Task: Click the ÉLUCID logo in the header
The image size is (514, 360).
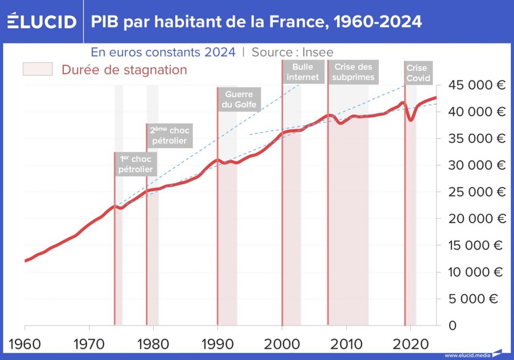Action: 42,22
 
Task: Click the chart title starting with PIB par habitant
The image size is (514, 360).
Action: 256,22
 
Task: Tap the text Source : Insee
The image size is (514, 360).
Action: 292,52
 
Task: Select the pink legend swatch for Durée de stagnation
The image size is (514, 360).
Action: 38,69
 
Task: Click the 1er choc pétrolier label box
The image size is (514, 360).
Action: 135,164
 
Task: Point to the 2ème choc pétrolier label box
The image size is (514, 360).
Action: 169,135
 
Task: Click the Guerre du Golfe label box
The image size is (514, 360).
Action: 239,99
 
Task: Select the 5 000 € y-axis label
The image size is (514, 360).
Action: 480,299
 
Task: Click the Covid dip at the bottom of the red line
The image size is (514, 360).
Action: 411,120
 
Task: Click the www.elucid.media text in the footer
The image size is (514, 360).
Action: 466,355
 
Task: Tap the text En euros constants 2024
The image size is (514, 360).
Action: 163,52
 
